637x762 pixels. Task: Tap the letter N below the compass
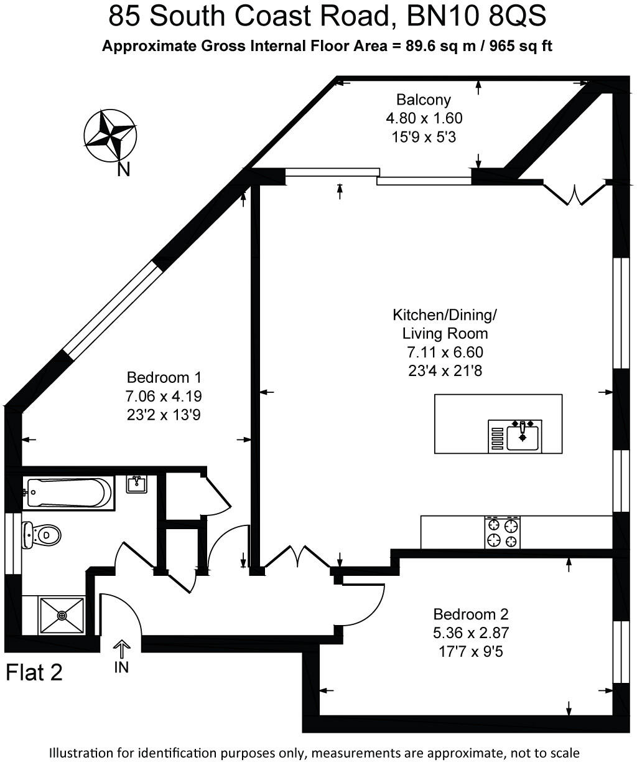(124, 169)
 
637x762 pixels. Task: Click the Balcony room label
(423, 100)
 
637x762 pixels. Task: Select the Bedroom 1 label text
(164, 377)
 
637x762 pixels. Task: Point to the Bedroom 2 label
(471, 614)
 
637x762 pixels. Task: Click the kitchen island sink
(523, 435)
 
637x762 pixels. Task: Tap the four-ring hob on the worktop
(503, 532)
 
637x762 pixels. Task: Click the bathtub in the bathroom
(68, 493)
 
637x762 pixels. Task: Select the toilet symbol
(42, 535)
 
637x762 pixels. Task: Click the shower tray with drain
(62, 615)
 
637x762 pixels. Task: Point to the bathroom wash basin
(136, 484)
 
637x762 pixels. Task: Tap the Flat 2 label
(34, 673)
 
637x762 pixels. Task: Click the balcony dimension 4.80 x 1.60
(424, 118)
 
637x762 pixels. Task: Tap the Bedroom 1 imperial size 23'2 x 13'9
(164, 415)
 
